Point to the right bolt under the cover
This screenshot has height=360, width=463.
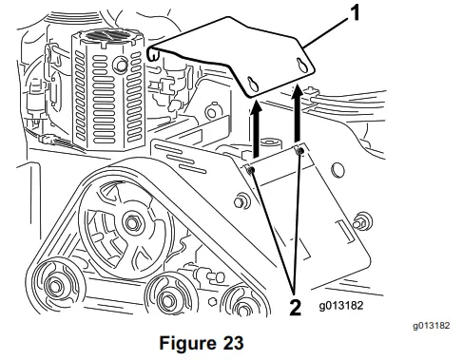coord(300,150)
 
